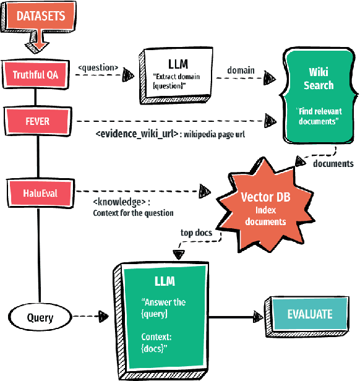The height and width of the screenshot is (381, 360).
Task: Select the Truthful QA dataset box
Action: [36, 75]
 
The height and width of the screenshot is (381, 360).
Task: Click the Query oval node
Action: [40, 319]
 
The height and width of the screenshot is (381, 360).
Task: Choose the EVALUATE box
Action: [309, 314]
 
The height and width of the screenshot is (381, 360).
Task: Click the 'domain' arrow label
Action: [241, 71]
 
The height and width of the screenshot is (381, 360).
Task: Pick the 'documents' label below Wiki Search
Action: [333, 164]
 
